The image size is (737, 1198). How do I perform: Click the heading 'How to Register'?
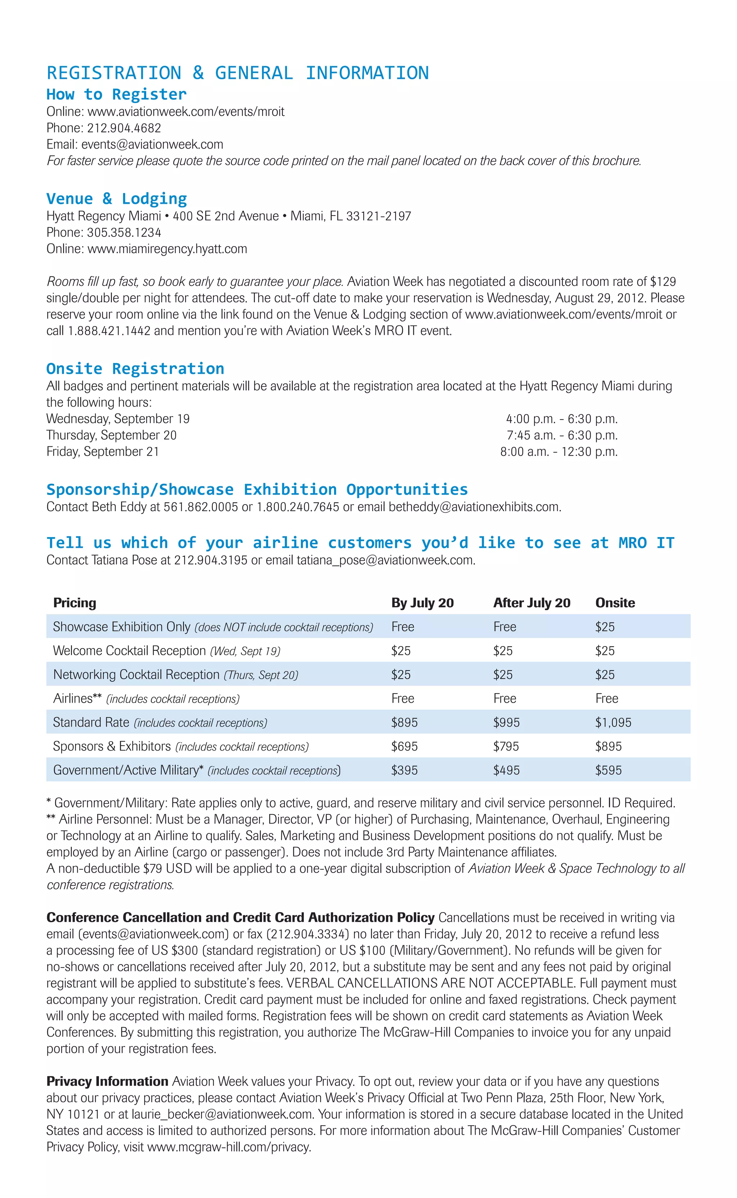[117, 94]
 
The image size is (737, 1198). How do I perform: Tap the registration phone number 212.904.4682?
[124, 128]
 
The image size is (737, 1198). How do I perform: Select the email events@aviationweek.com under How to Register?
[152, 144]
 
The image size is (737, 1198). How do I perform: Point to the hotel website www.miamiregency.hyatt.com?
[167, 249]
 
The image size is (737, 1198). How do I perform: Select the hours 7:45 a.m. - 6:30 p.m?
[562, 435]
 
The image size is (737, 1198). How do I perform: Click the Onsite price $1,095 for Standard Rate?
[613, 722]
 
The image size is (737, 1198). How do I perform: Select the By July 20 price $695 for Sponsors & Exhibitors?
[404, 746]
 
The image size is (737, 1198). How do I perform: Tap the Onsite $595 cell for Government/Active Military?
[608, 770]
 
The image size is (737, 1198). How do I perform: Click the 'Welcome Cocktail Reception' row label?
[130, 650]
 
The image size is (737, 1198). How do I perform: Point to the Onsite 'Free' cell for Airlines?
[606, 698]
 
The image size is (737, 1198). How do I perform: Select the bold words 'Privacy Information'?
[107, 1081]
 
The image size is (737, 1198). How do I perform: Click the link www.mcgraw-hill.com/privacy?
[228, 1147]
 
